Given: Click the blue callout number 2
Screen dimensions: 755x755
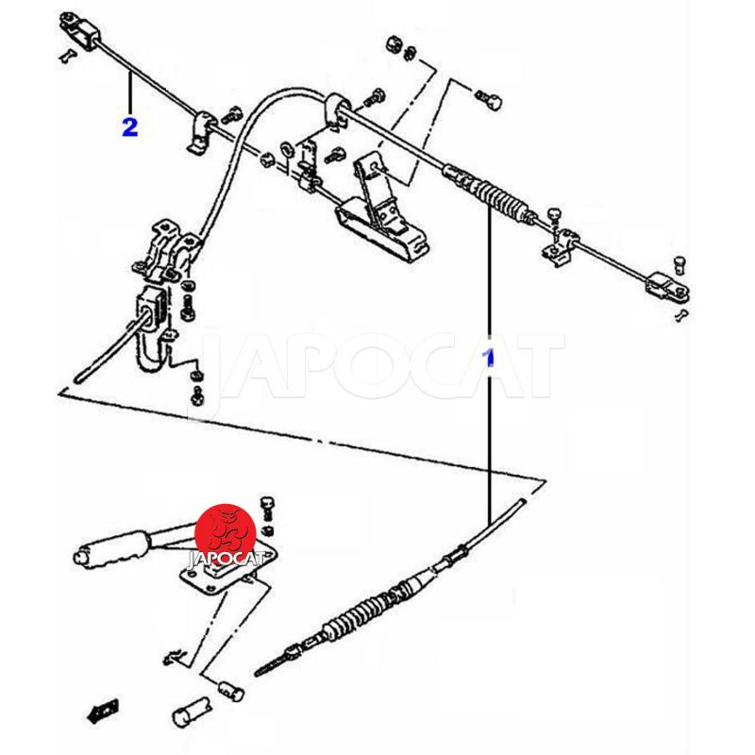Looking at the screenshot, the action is (130, 127).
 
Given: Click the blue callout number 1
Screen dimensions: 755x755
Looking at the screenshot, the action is (490, 358).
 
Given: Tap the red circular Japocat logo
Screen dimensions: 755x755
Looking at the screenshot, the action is (225, 532).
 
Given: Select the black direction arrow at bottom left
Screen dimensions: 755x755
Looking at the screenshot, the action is (103, 712).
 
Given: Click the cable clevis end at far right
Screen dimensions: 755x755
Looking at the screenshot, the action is (668, 288).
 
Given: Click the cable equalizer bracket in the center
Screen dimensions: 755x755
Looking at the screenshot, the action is (381, 212).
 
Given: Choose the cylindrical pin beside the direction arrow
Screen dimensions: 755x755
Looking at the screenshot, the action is (192, 711).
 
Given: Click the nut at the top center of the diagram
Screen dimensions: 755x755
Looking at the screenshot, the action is (394, 44).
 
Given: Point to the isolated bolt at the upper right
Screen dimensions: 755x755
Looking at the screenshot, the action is (490, 99).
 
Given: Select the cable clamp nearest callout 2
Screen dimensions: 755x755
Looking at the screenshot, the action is (202, 133).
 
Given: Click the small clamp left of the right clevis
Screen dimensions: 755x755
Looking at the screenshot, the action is (561, 246).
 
